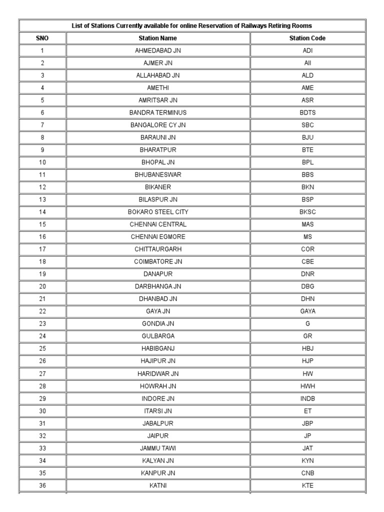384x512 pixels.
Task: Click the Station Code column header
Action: point(307,38)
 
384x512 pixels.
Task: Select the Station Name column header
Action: point(157,38)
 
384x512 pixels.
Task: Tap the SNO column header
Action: point(42,38)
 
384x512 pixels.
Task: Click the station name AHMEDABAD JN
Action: point(157,50)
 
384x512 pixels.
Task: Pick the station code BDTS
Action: point(307,112)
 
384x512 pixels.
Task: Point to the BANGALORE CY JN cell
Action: point(157,125)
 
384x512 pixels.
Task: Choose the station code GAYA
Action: point(307,311)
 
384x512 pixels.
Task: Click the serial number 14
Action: point(42,212)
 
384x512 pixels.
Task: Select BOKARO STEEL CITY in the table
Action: point(157,212)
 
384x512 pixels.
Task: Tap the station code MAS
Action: point(307,224)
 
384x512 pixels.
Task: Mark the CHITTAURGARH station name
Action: point(157,249)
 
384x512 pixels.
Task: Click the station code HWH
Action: point(307,386)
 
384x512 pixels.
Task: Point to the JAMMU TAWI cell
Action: point(157,448)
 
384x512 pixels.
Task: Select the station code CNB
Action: point(307,472)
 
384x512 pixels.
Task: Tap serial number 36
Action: point(42,485)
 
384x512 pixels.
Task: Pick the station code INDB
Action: point(307,398)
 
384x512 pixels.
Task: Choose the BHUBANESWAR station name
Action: point(157,175)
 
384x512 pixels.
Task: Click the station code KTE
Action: point(307,485)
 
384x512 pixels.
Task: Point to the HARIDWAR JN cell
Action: point(157,373)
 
